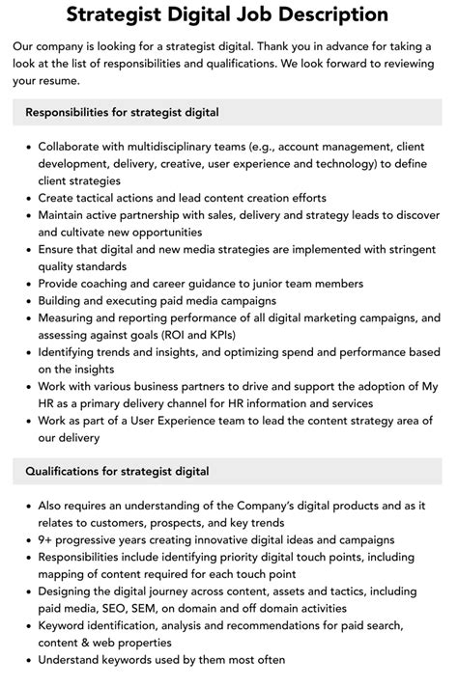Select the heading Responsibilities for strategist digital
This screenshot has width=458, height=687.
[122, 113]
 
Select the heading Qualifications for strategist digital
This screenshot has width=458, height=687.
[117, 472]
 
